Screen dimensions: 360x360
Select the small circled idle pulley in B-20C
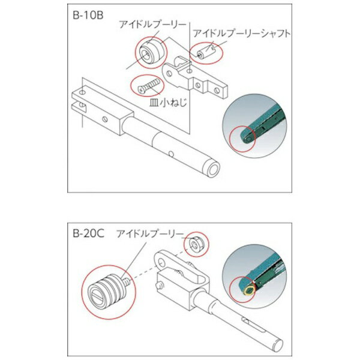[x=196, y=245]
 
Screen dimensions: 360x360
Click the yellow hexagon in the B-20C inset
[x=250, y=290]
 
